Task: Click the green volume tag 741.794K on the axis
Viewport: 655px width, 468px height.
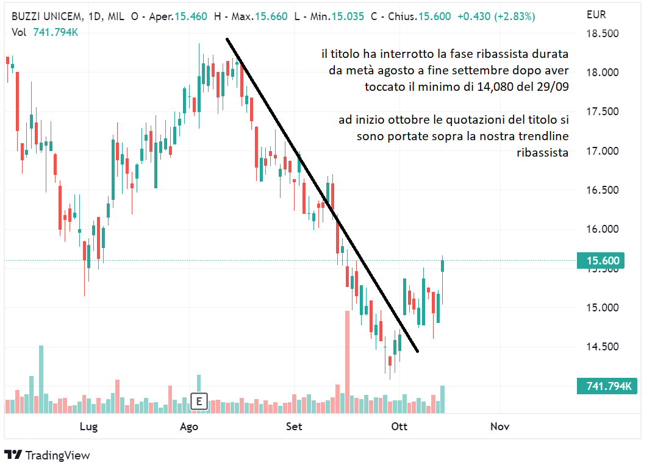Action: (606, 386)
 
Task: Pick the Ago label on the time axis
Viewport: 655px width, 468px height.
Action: (189, 427)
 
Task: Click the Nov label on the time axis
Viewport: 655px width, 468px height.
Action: (499, 427)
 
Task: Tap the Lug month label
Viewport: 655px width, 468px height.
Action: (88, 427)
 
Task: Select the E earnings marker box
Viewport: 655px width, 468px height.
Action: (199, 401)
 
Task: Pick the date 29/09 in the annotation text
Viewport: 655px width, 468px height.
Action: (553, 87)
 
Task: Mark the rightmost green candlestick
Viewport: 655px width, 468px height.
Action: (443, 266)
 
